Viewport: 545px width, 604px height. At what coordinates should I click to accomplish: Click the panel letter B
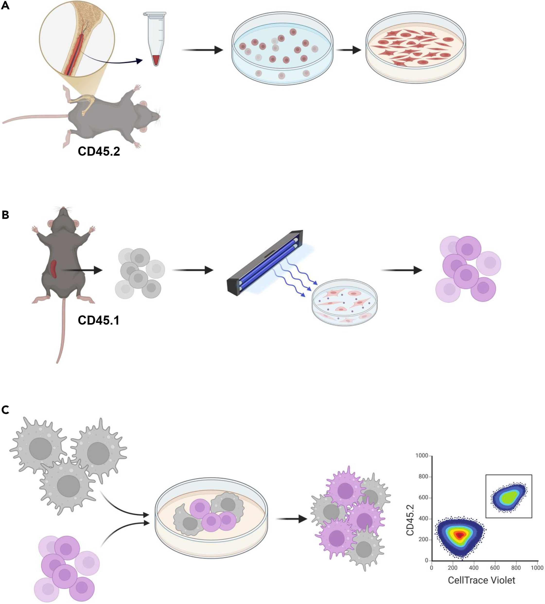[5, 215]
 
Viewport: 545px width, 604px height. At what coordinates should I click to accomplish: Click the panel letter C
[5, 410]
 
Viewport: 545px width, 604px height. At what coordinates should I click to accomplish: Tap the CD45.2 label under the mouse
[99, 151]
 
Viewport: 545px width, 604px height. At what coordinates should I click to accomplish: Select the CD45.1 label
[98, 320]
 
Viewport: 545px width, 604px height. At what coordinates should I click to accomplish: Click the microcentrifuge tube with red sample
[155, 39]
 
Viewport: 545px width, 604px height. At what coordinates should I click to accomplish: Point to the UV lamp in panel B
[265, 263]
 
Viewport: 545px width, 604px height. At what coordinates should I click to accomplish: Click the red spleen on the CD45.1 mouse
[54, 268]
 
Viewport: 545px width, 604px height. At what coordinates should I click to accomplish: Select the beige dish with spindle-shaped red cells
[416, 48]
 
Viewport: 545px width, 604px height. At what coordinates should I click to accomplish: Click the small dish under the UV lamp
[344, 302]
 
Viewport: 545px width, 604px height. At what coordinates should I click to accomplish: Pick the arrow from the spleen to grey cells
[82, 270]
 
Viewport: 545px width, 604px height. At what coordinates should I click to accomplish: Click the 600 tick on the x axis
[495, 568]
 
